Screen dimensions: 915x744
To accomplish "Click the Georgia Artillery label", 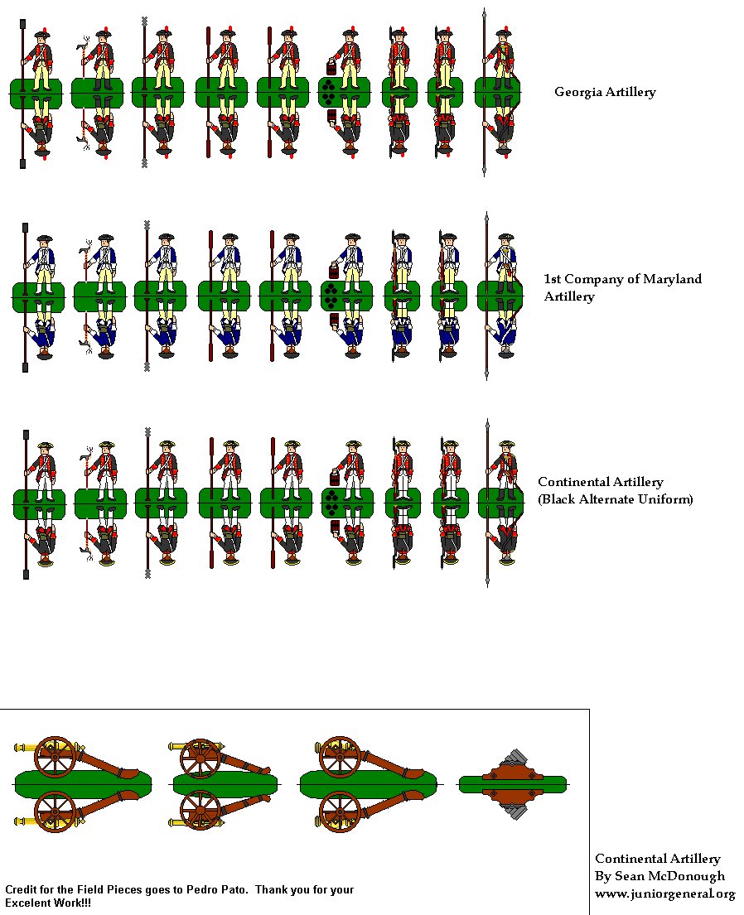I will pyautogui.click(x=605, y=92).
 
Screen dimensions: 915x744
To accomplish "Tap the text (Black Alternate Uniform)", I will pyautogui.click(x=616, y=499).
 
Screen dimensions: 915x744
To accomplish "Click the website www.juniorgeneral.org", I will pyautogui.click(x=664, y=893).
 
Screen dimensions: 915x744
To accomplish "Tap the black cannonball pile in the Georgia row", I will pyautogui.click(x=329, y=93).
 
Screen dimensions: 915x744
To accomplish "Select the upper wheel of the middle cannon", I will pyautogui.click(x=200, y=756).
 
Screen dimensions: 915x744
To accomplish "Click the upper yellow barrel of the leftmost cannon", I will pyautogui.click(x=28, y=749).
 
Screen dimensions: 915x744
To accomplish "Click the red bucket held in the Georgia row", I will pyautogui.click(x=332, y=68).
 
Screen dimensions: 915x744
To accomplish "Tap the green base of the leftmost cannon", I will pyautogui.click(x=83, y=783).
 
